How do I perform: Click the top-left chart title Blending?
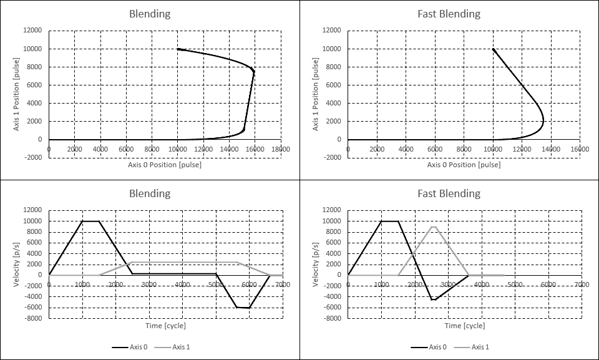click(150, 14)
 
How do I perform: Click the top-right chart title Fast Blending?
click(449, 14)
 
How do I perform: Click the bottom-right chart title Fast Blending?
click(449, 193)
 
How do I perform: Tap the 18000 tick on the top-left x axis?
click(280, 148)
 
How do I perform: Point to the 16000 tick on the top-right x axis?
click(580, 148)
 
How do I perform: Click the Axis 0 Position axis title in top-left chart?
click(165, 165)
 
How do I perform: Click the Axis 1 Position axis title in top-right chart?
click(315, 94)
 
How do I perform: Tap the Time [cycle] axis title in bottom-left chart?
click(165, 326)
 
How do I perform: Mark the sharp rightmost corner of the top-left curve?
click(254, 71)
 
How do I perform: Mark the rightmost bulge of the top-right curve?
click(543, 122)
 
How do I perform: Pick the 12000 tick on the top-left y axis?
click(33, 31)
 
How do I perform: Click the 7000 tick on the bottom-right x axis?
click(582, 284)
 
